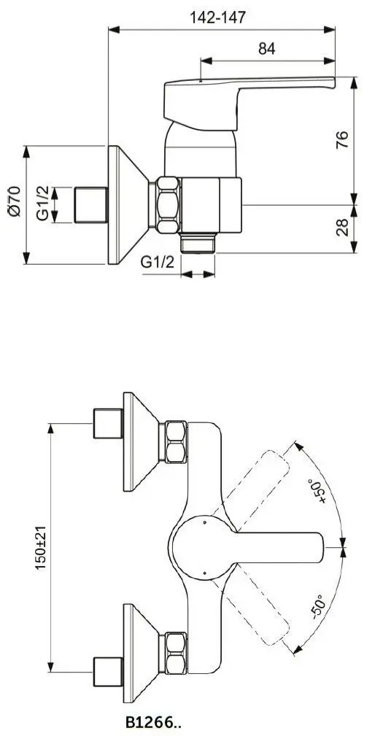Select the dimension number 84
tap(267, 49)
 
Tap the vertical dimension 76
tap(363, 138)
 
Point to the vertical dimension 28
tap(363, 227)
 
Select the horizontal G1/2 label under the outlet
tap(157, 262)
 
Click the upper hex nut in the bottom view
tap(175, 441)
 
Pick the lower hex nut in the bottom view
tap(175, 651)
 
